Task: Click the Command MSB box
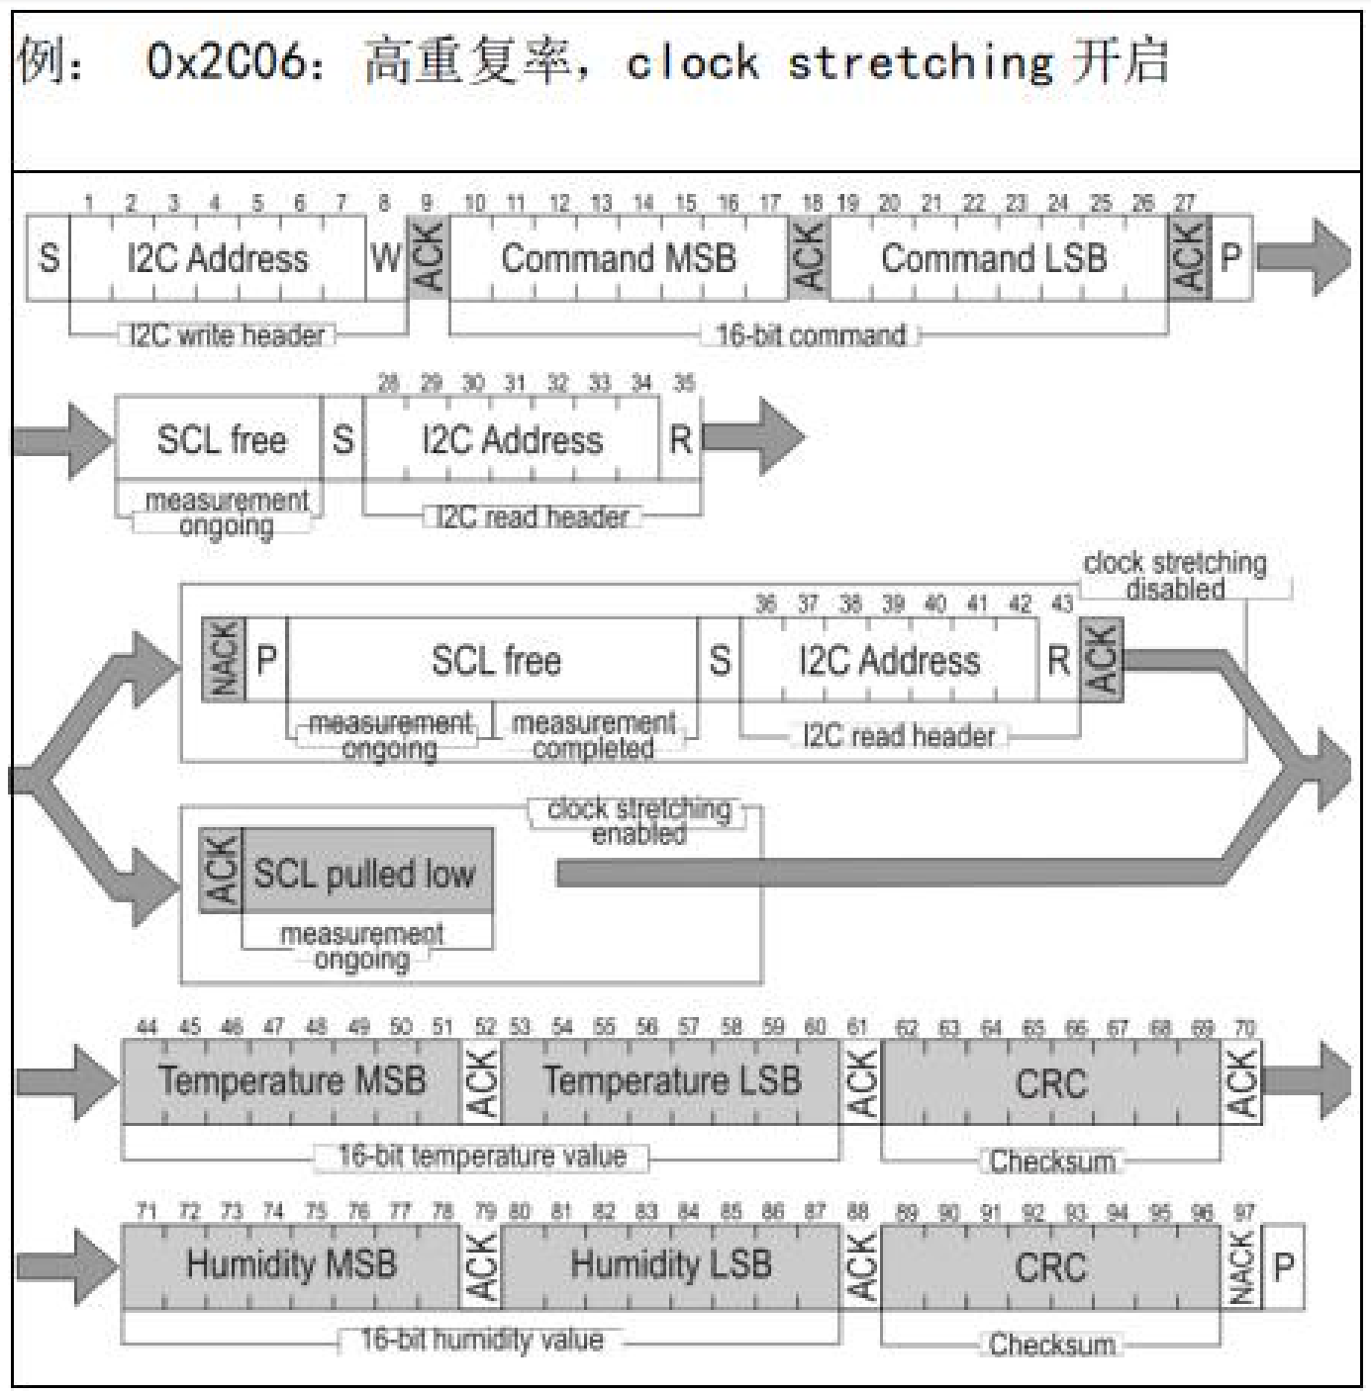(619, 258)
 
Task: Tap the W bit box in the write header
(385, 258)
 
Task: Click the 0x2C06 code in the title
(227, 61)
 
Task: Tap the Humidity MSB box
(292, 1265)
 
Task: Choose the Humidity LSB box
(671, 1265)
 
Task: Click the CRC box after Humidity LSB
(1050, 1267)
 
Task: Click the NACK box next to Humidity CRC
(1241, 1267)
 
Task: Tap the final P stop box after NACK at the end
(1284, 1266)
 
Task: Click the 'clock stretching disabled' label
(1175, 576)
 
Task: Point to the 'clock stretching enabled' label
(638, 821)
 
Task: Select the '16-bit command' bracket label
(811, 335)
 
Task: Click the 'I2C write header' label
(227, 335)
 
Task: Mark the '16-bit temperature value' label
(481, 1157)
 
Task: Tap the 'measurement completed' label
(594, 735)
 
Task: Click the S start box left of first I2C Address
(49, 258)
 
